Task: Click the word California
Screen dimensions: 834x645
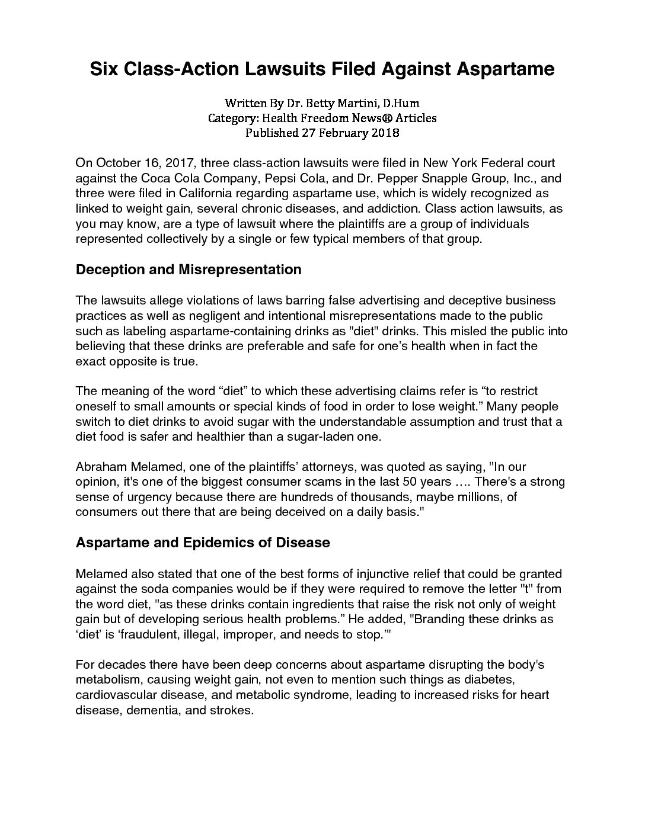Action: (x=190, y=194)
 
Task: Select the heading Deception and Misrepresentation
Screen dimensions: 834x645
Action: (x=189, y=270)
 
